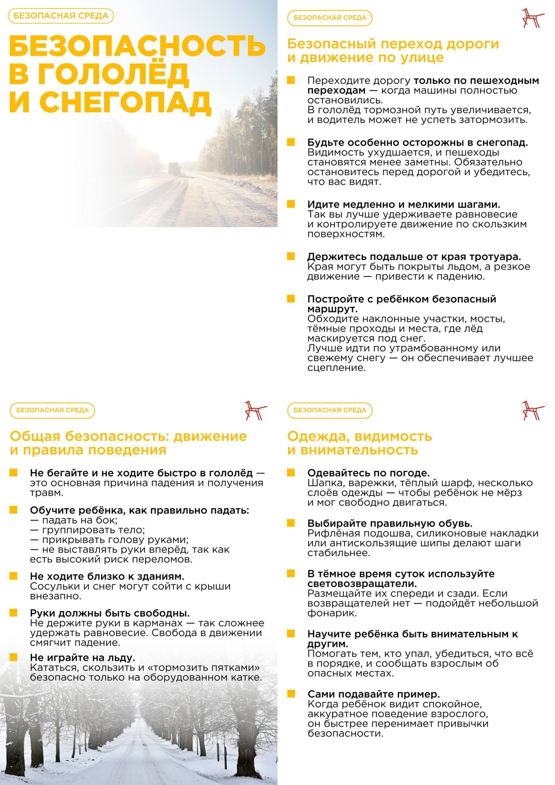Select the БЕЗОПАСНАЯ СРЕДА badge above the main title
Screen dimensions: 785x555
point(61,16)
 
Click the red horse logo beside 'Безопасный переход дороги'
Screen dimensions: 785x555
point(533,18)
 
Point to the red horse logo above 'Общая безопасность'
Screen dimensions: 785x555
point(255,411)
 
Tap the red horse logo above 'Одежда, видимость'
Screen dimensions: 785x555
point(533,411)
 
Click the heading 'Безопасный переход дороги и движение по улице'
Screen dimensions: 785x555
point(393,51)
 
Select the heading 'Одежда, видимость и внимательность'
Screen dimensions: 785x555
point(359,443)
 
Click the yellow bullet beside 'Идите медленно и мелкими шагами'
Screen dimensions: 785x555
point(291,204)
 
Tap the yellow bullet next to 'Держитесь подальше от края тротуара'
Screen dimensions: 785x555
point(291,256)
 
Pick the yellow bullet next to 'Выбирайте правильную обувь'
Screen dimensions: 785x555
point(291,523)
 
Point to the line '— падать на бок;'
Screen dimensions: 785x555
point(74,520)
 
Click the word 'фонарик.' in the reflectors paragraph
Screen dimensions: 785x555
point(327,613)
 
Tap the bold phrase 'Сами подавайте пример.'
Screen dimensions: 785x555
point(373,694)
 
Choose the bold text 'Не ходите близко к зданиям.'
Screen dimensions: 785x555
point(107,576)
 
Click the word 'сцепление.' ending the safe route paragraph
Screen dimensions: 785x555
point(336,368)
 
